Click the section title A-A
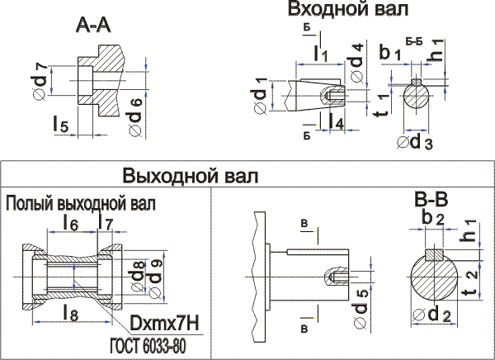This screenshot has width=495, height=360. (93, 28)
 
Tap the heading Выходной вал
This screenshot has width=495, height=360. (190, 177)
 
